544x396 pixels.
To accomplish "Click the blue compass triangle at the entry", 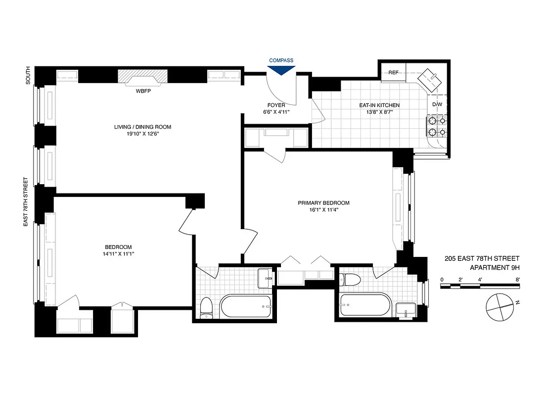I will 281,70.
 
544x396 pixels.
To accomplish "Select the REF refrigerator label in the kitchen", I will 394,73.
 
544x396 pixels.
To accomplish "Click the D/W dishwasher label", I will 437,104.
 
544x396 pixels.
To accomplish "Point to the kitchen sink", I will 428,79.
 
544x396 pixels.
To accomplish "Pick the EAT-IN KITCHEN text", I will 379,105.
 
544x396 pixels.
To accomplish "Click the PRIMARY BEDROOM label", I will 323,203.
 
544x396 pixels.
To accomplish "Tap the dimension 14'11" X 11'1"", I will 118,254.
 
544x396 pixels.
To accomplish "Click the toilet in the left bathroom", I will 206,307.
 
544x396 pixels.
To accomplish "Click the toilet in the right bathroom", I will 352,280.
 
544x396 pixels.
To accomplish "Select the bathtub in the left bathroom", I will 246,306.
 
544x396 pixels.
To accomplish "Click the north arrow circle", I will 499,307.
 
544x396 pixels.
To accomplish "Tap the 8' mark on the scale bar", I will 517,280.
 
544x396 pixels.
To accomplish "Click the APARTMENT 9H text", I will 495,268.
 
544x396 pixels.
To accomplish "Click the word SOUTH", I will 28,75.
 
